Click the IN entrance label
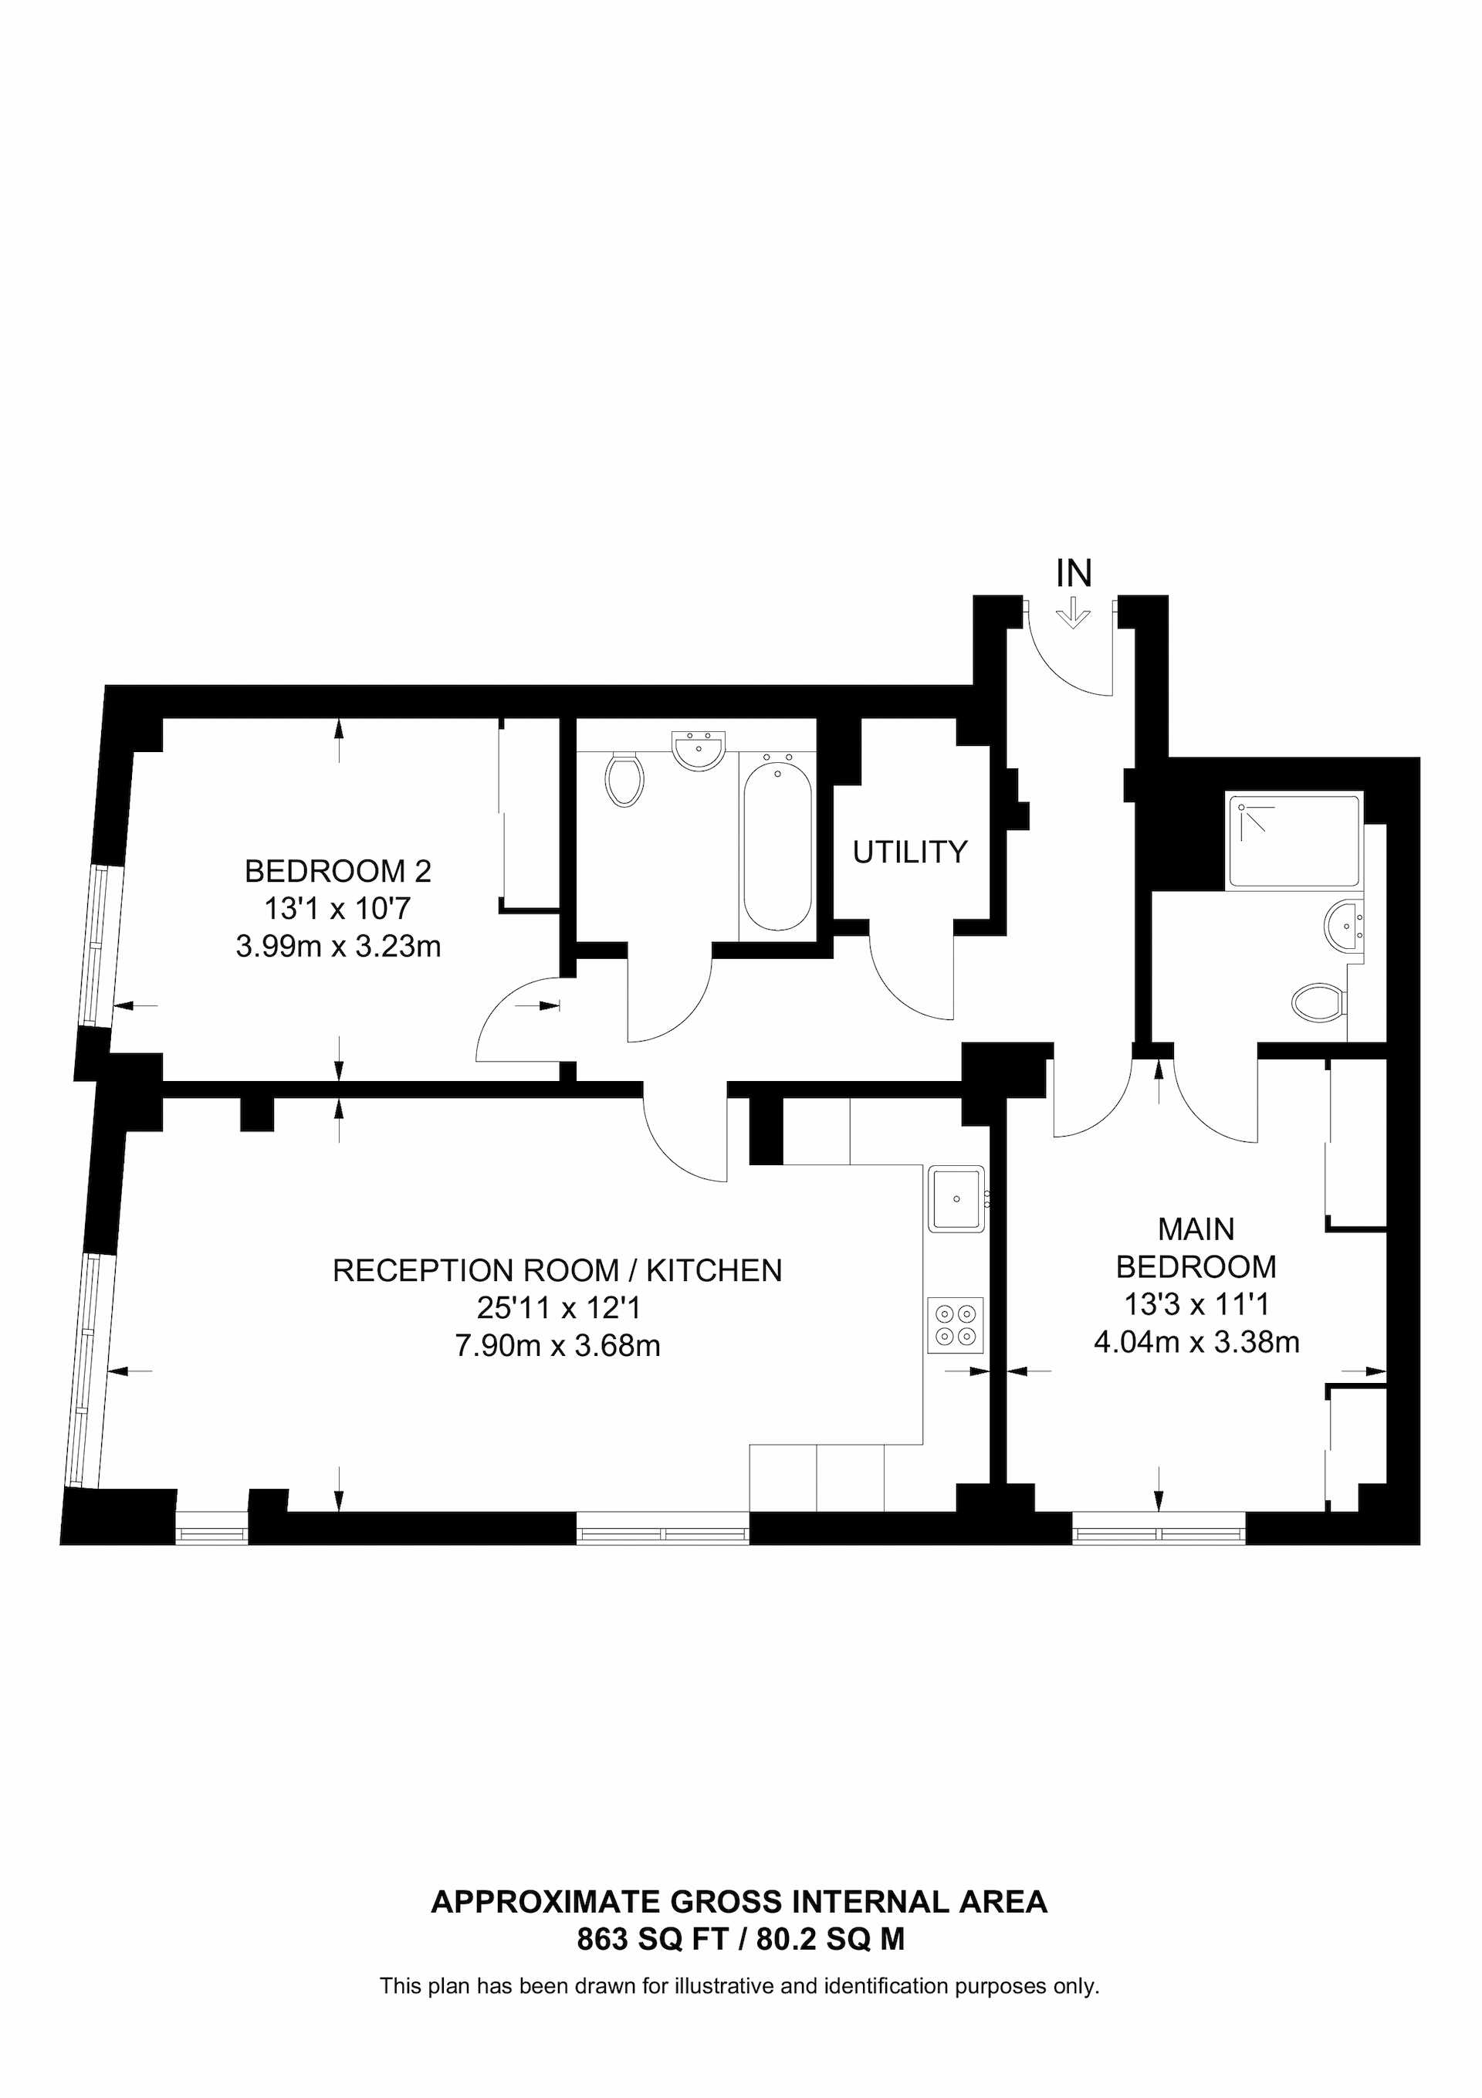tap(1074, 574)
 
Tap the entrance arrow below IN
tap(1073, 612)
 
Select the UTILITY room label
tap(909, 852)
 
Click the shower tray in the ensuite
tap(1294, 842)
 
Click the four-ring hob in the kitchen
tap(956, 1325)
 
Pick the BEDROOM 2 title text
tap(337, 871)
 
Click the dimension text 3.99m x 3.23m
tap(338, 946)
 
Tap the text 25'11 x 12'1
tap(558, 1307)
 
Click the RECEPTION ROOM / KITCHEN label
tap(557, 1270)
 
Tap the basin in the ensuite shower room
tap(1341, 926)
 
